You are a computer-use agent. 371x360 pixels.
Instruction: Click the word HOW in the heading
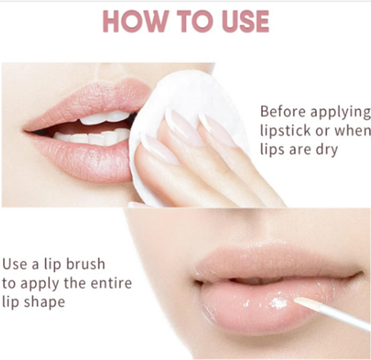point(135,21)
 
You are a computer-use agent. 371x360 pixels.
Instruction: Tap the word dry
point(327,150)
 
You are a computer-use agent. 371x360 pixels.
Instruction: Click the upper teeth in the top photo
point(104,118)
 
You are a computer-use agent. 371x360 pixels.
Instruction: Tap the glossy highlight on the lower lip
point(279,303)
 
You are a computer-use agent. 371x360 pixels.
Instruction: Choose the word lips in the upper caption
point(272,149)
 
